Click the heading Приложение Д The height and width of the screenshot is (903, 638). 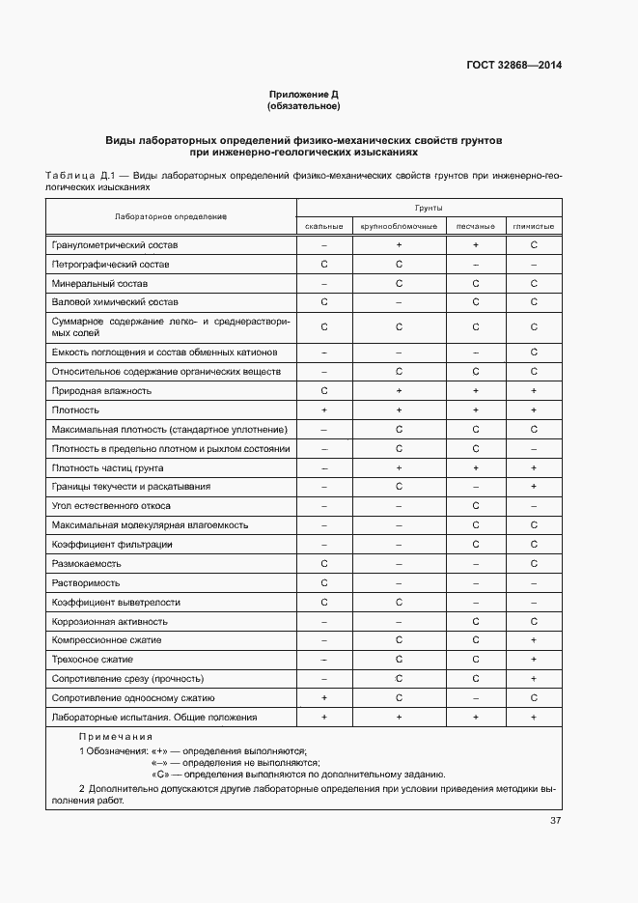pos(304,94)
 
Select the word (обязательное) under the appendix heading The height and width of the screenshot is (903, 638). pos(304,105)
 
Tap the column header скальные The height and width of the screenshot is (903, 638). pos(323,225)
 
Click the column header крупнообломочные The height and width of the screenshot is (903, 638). pos(398,225)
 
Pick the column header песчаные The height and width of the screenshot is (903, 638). pos(476,225)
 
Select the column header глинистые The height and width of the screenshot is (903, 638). pos(533,225)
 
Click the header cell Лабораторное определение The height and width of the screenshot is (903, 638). pos(170,216)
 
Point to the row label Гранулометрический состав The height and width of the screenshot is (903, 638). pos(115,245)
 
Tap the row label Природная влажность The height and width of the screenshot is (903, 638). pos(101,390)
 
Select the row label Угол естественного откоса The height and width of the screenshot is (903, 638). pos(111,505)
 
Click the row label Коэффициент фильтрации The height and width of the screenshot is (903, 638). pos(112,544)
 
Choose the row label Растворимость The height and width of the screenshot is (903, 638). pos(86,582)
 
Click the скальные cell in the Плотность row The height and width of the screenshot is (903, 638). pos(323,409)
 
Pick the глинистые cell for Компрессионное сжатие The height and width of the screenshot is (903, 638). pos(533,639)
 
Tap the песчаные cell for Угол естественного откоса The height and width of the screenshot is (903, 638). pos(476,505)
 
